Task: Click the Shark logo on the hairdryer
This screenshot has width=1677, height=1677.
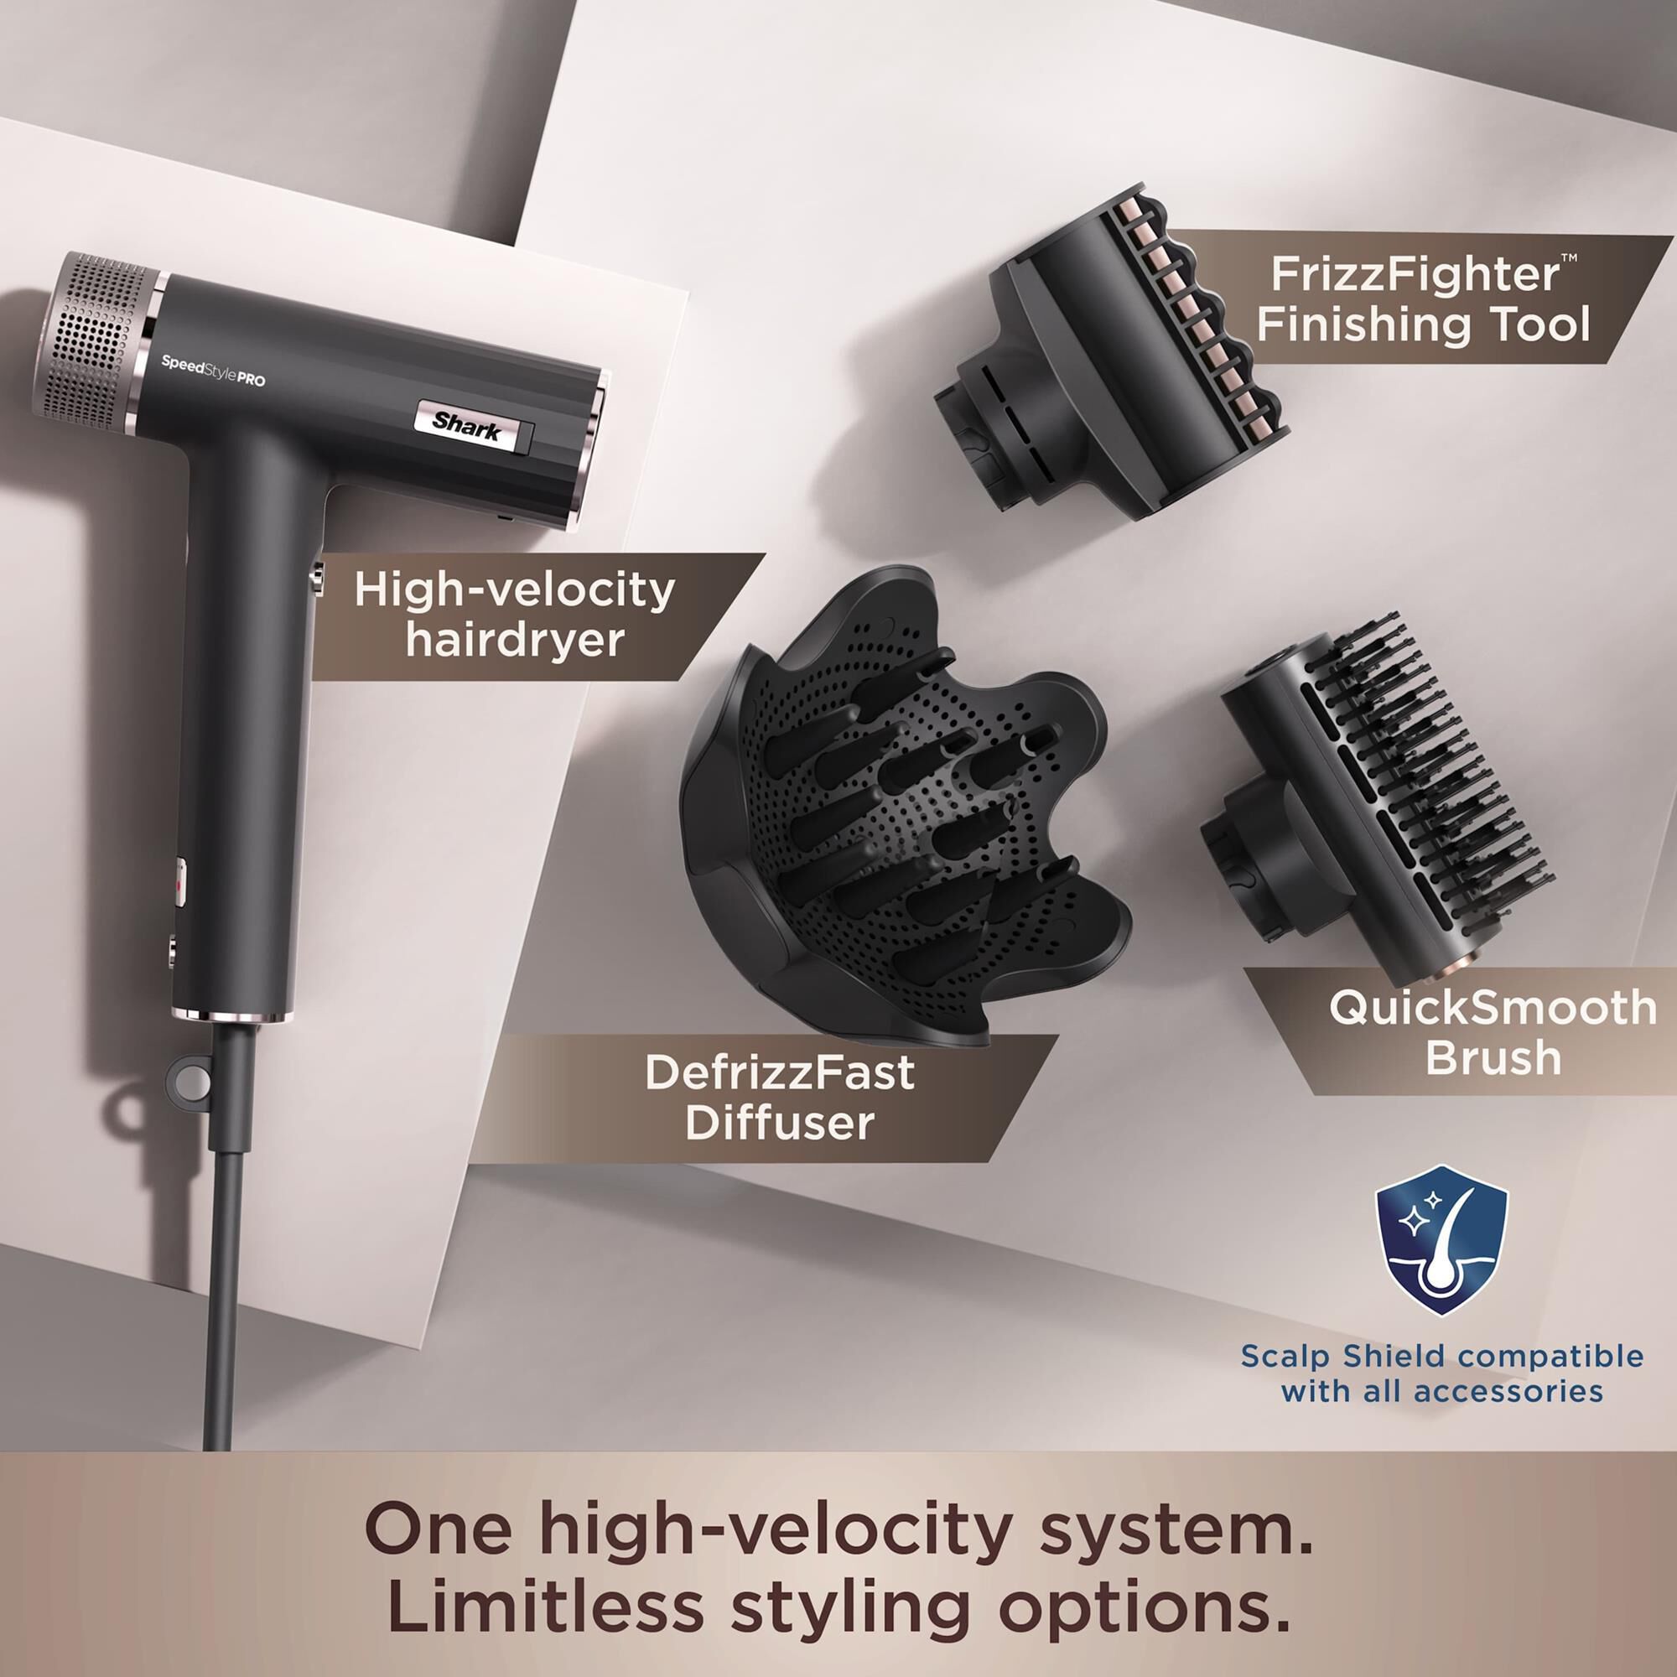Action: pyautogui.click(x=467, y=426)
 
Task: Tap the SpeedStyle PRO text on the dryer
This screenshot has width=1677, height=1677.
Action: pyautogui.click(x=213, y=371)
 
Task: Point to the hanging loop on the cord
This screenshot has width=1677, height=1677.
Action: pyautogui.click(x=191, y=1082)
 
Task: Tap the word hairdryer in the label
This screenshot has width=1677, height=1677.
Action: pyautogui.click(x=515, y=640)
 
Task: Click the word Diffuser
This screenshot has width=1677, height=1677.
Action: pyautogui.click(x=780, y=1123)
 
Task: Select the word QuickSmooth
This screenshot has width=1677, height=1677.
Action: pyautogui.click(x=1493, y=1007)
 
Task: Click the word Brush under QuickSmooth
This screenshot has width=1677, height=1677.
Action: pyautogui.click(x=1493, y=1057)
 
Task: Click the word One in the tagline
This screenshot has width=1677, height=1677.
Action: pyautogui.click(x=439, y=1529)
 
